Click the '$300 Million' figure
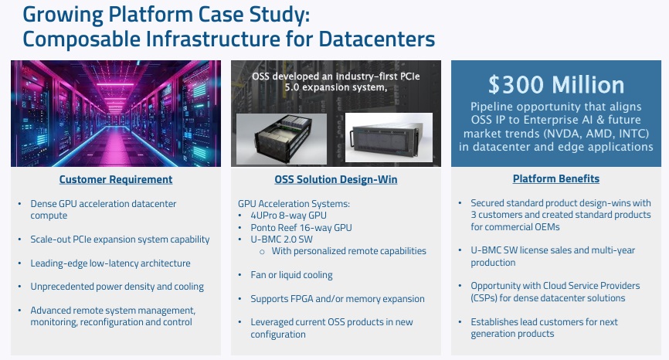click(556, 85)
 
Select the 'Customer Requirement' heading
click(116, 179)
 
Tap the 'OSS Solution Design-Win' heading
click(336, 179)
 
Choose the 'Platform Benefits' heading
click(556, 178)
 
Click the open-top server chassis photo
click(282, 139)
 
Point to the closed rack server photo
click(389, 138)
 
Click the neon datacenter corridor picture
click(116, 114)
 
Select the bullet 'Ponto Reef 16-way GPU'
click(301, 228)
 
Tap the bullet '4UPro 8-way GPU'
click(288, 216)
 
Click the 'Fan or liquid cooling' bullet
click(291, 275)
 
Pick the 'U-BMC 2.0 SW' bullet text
click(282, 239)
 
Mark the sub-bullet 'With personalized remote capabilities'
click(349, 251)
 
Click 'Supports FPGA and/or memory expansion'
click(338, 298)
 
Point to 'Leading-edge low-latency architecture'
click(110, 263)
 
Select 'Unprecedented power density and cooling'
click(117, 287)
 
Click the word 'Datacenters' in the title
click(377, 39)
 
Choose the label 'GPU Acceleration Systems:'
click(294, 204)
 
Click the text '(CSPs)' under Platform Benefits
click(484, 298)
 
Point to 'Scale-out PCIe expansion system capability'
click(120, 239)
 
